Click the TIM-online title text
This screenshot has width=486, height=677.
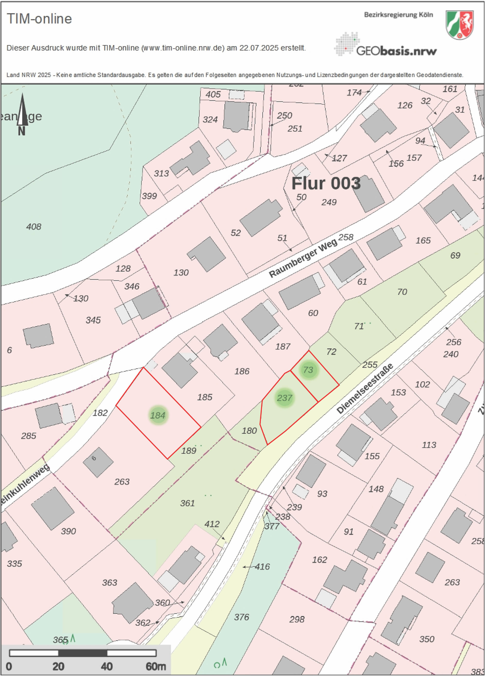(39, 19)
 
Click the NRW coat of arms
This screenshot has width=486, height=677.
(459, 25)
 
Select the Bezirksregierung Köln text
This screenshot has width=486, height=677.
(398, 15)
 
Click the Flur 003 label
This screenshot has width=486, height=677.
(326, 183)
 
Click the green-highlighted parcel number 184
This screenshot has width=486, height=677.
(158, 415)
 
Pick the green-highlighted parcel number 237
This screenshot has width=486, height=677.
(284, 398)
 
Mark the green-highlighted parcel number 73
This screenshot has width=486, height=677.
(308, 370)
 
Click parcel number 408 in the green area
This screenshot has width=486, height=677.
(34, 227)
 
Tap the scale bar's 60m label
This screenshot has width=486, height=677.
(156, 666)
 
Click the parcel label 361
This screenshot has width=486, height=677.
(187, 503)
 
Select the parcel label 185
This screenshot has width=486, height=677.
(204, 397)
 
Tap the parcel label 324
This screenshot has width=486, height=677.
(210, 120)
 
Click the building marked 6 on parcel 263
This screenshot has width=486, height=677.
(98, 462)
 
